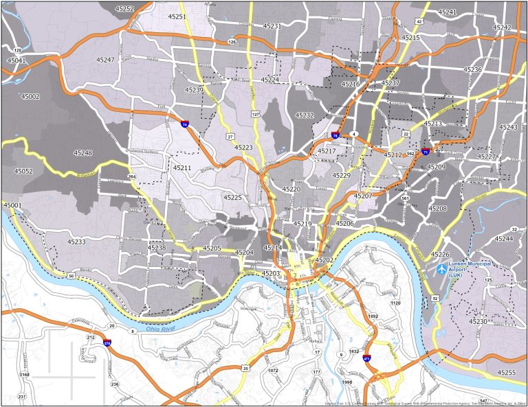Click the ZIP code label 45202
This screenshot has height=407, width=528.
[x=324, y=260]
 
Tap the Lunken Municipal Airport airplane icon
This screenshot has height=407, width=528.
[x=441, y=268]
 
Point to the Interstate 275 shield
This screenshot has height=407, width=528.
[x=108, y=342]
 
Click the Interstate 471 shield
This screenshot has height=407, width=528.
[x=366, y=358]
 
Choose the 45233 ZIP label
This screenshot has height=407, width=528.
[x=76, y=242]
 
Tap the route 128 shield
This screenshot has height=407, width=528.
[x=18, y=51]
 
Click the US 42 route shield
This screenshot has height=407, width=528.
[x=419, y=21]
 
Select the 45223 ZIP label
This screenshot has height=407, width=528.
[x=243, y=148]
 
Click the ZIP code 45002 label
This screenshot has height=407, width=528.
[x=31, y=97]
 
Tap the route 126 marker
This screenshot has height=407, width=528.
[x=232, y=43]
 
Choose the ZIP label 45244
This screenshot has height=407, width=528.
[x=504, y=239]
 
